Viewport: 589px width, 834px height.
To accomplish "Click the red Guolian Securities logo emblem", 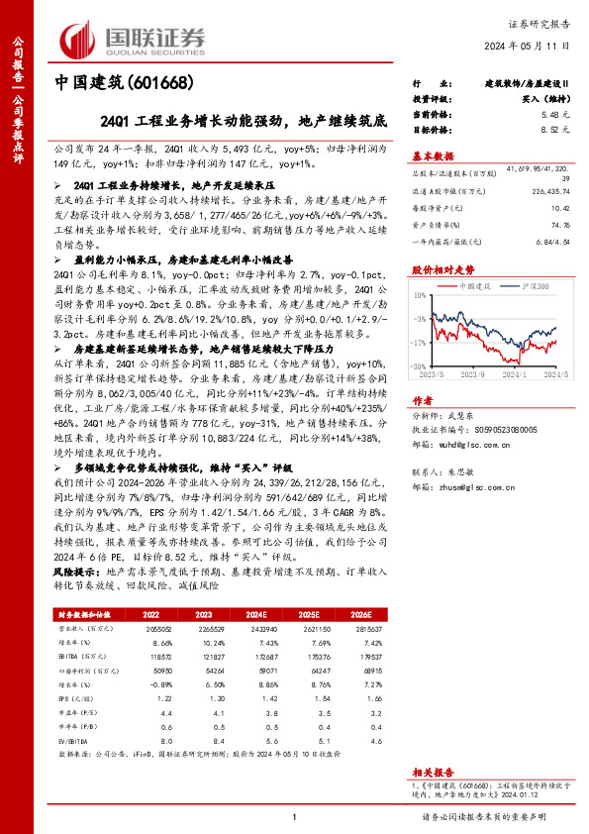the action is (x=80, y=41).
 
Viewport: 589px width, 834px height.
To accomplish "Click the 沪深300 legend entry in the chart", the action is (x=535, y=285).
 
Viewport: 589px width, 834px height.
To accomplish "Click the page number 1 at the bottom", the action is (x=294, y=816).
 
